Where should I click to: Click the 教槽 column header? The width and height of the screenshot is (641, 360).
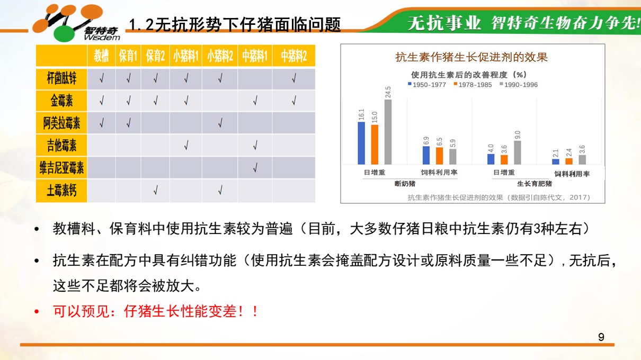coord(101,56)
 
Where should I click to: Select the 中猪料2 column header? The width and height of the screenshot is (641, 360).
coord(293,56)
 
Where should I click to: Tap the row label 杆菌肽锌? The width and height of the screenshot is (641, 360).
coord(61,78)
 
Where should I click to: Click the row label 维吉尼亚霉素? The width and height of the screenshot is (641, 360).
coord(61,168)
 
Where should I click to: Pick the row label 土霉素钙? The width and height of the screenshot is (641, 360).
coord(61,190)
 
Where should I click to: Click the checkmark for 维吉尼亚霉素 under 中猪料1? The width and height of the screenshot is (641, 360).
coord(255,168)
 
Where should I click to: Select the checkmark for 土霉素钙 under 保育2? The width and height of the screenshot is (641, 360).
coord(155,190)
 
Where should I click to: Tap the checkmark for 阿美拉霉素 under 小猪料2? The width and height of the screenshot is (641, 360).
coord(220,123)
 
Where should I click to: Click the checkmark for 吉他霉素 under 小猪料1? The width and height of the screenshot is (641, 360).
coord(186,145)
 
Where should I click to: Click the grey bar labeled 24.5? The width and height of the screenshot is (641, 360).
coord(388,132)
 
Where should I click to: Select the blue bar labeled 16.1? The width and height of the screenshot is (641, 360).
coord(361,143)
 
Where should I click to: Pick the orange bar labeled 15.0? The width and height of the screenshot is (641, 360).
coord(375,145)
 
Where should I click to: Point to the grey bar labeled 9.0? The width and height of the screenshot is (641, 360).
coord(518,152)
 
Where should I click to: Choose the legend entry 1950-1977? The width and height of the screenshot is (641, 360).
coord(427,85)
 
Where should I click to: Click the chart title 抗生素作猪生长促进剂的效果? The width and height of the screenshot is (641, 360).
coord(471,57)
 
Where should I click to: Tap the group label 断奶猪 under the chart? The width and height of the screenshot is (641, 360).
coord(405,184)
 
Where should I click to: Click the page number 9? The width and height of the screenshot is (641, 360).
coord(601,337)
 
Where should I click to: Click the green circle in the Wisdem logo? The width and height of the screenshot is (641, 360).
coord(64,34)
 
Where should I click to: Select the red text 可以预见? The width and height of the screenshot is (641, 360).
coord(82,311)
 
